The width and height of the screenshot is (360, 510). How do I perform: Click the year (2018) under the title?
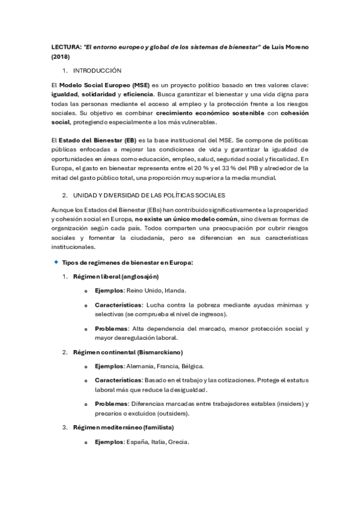[60, 57]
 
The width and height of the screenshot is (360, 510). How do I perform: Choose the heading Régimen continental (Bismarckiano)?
[127, 351]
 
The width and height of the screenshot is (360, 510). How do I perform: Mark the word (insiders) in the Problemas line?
[290, 404]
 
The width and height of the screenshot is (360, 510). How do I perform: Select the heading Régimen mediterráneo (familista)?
[123, 427]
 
